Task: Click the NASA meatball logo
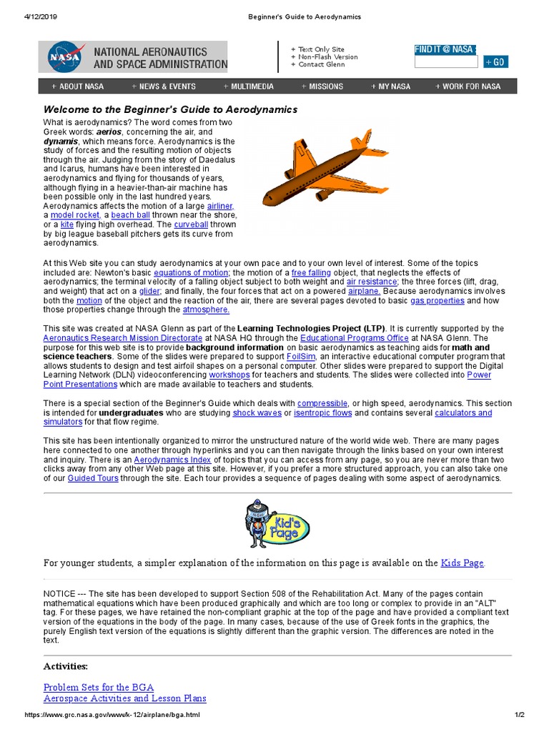(x=64, y=56)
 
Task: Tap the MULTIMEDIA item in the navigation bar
(x=248, y=86)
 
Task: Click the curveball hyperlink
(x=190, y=224)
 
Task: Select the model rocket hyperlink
(x=74, y=215)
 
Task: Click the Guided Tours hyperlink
(x=93, y=478)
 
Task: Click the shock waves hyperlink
(x=257, y=412)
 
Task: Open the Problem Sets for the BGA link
(x=98, y=687)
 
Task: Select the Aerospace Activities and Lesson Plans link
(x=124, y=698)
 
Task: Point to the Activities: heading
(x=66, y=666)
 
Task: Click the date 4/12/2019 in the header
(x=24, y=16)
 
